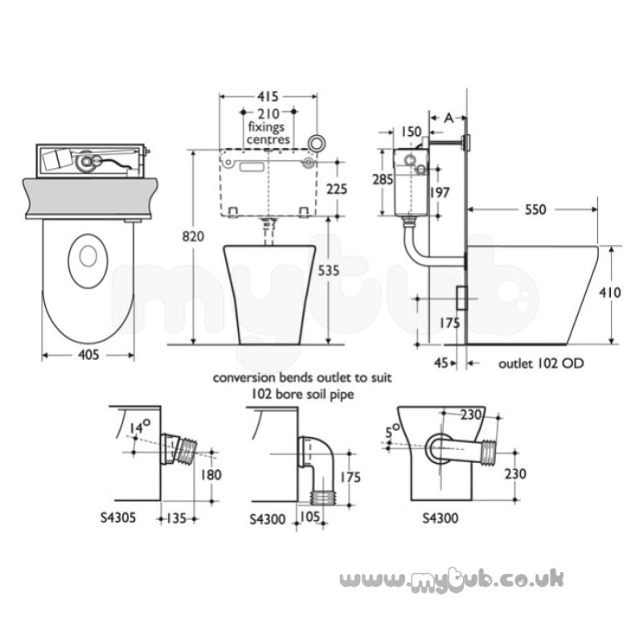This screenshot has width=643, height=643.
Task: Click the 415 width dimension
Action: [268, 96]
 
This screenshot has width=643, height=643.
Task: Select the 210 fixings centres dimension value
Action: [268, 113]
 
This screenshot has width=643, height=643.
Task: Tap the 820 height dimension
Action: [193, 236]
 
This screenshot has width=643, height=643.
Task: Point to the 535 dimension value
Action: [329, 271]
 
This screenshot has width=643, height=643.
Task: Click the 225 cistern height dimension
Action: [337, 189]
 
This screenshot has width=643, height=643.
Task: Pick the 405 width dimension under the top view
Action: [88, 354]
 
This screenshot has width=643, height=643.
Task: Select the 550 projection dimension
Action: [535, 210]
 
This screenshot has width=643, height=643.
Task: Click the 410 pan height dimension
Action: [610, 293]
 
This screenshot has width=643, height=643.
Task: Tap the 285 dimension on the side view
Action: [383, 179]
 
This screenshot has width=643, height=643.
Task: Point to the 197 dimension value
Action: [440, 192]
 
